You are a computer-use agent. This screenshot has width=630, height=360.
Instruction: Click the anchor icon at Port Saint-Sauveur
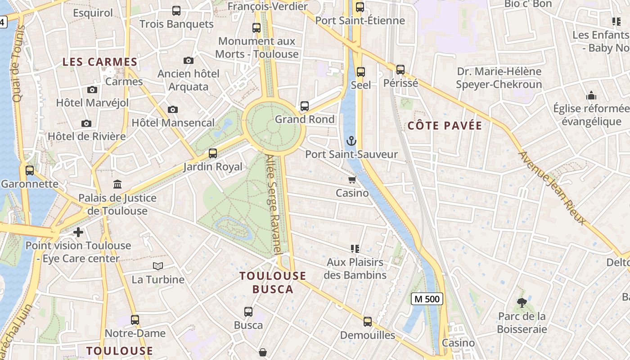tap(351, 141)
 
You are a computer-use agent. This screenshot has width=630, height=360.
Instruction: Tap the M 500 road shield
tap(427, 298)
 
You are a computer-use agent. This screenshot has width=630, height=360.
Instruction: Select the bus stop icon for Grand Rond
tap(305, 106)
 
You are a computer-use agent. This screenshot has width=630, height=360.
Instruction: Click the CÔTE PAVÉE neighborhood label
tap(445, 126)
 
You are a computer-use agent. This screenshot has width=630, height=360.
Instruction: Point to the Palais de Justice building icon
tap(117, 184)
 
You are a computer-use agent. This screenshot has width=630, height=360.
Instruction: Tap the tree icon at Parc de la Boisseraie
tap(522, 303)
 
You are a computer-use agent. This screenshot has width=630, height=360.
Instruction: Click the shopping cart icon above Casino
tap(352, 180)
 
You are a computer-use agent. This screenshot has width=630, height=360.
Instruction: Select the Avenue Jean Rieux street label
tap(553, 188)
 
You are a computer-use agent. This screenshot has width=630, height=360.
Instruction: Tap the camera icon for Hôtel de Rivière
tap(86, 123)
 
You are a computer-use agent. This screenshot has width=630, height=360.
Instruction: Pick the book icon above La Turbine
tap(157, 266)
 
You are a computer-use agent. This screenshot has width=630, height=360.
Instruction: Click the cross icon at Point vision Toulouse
tap(78, 232)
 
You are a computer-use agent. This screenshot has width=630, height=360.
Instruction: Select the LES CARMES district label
tap(99, 62)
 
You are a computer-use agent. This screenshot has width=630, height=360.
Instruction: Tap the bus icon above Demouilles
tap(368, 322)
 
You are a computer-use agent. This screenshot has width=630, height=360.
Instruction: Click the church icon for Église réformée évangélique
tap(591, 95)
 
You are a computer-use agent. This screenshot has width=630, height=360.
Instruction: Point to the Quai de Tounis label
tap(18, 63)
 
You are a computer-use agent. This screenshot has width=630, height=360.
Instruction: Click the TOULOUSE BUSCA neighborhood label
tap(273, 283)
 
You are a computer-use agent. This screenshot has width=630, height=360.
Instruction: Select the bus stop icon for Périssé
tap(400, 70)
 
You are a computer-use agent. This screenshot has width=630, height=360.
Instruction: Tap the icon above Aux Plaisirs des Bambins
tap(355, 248)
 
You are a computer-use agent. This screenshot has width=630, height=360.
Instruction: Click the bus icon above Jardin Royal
tap(213, 153)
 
